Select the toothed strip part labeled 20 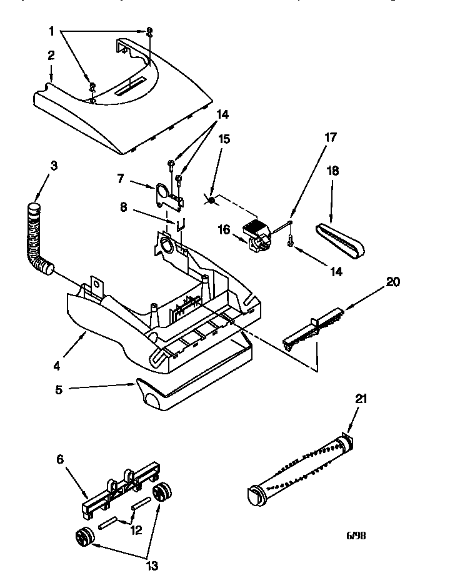pos(312,328)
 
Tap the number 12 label pos(136,530)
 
